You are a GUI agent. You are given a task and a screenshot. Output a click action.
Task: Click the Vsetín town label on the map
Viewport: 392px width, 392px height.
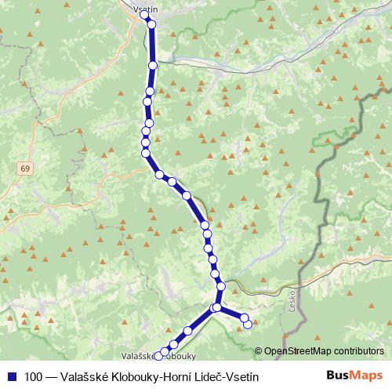click(x=147, y=9)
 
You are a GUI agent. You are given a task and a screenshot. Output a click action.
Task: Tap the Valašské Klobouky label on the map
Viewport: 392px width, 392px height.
click(x=154, y=354)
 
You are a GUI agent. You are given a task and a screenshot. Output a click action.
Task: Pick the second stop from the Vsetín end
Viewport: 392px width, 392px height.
click(x=151, y=24)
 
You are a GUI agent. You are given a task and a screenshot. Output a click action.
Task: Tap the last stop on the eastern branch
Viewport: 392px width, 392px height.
click(x=249, y=325)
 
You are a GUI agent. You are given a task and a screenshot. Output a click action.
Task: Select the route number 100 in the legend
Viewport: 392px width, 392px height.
click(x=34, y=376)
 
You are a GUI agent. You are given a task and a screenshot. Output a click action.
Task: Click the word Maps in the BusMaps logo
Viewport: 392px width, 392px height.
click(x=366, y=376)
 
